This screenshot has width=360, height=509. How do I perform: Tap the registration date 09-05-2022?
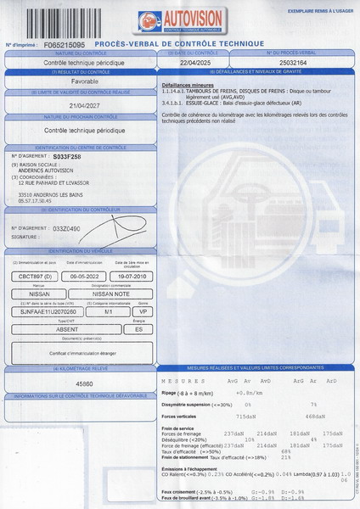[85, 277]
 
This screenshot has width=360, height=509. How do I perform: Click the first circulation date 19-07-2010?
[132, 277]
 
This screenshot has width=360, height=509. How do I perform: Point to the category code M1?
[109, 311]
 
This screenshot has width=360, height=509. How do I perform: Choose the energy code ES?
[138, 330]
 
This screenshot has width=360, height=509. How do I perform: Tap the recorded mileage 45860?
[85, 383]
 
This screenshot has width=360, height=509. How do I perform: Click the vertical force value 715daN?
[245, 417]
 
